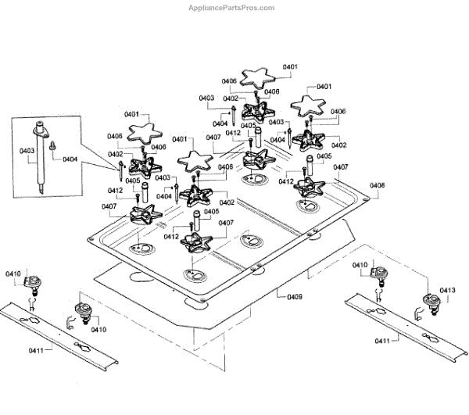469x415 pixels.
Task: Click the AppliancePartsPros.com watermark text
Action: tap(232, 8)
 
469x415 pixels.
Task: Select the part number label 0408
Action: tap(378, 185)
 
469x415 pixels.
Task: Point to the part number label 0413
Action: tap(447, 290)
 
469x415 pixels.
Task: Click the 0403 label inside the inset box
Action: tap(26, 151)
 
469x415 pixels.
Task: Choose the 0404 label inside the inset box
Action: tap(70, 159)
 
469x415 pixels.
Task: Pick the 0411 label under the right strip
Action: tap(384, 342)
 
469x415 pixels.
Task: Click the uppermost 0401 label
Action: tap(290, 67)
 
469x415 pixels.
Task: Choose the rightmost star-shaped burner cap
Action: tap(313, 104)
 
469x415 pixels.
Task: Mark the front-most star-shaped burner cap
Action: tap(192, 162)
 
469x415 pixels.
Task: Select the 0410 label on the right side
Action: tap(358, 266)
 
